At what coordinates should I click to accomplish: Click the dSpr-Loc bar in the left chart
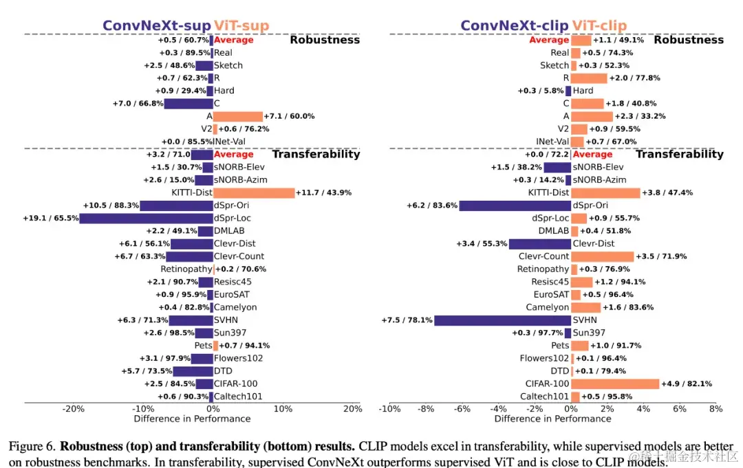pyautogui.click(x=146, y=218)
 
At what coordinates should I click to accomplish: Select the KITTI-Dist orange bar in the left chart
pyautogui.click(x=254, y=192)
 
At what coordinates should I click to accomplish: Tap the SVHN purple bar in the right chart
pyautogui.click(x=503, y=320)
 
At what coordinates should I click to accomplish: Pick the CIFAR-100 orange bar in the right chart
pyautogui.click(x=615, y=383)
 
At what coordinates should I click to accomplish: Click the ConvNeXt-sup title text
pyautogui.click(x=157, y=26)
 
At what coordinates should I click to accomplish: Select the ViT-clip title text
pyautogui.click(x=599, y=26)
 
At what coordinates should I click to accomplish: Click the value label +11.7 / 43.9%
pyautogui.click(x=323, y=192)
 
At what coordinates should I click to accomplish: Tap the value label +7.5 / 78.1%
pyautogui.click(x=407, y=320)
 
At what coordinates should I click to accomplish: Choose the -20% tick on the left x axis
pyautogui.click(x=74, y=409)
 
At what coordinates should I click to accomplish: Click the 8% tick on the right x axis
pyautogui.click(x=715, y=409)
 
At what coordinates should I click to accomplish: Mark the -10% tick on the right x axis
pyautogui.click(x=389, y=409)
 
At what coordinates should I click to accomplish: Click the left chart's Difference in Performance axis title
pyautogui.click(x=192, y=419)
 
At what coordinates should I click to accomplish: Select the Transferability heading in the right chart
pyautogui.click(x=679, y=154)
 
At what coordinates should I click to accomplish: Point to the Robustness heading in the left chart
pyautogui.click(x=325, y=40)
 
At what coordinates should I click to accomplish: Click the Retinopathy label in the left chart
pyautogui.click(x=186, y=269)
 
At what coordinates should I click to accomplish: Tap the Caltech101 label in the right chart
pyautogui.click(x=546, y=397)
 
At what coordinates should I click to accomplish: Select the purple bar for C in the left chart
pyautogui.click(x=188, y=103)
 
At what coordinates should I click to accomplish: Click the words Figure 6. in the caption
pyautogui.click(x=32, y=447)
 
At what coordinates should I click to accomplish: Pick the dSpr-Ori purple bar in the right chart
pyautogui.click(x=515, y=205)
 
